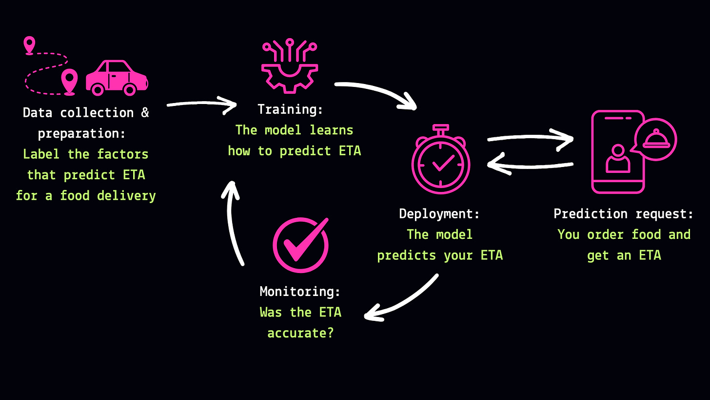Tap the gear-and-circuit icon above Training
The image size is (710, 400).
coord(290,66)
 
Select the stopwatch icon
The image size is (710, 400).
coord(440,161)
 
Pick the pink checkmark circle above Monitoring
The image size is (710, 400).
coord(300,245)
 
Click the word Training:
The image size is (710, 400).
coord(290,109)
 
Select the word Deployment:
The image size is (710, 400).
coord(439,213)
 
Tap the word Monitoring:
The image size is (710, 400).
coord(300,292)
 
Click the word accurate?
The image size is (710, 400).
coord(300,333)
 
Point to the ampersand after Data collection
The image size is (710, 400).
coord(145,113)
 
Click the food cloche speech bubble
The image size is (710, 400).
coord(655,139)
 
